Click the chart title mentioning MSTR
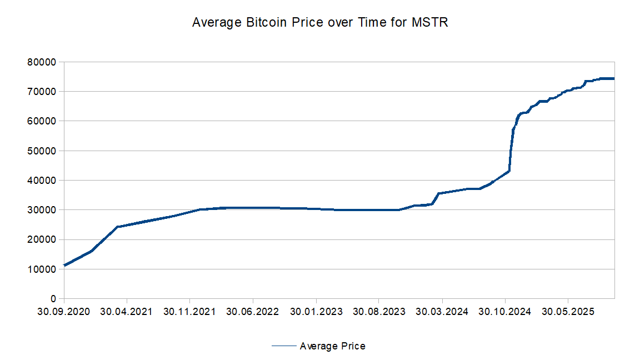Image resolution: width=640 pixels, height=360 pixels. pyautogui.click(x=319, y=23)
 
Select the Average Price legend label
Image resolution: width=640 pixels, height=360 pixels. pyautogui.click(x=332, y=346)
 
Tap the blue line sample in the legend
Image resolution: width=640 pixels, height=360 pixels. pyautogui.click(x=284, y=346)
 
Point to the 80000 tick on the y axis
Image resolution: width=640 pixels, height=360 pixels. pyautogui.click(x=42, y=62)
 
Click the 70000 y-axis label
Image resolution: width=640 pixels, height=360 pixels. pyautogui.click(x=42, y=91)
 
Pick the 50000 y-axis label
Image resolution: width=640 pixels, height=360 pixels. pyautogui.click(x=42, y=151)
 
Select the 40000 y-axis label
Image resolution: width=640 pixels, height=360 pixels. pyautogui.click(x=42, y=180)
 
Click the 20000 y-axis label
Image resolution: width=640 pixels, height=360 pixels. pyautogui.click(x=42, y=239)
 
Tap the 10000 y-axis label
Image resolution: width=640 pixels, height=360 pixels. pyautogui.click(x=42, y=269)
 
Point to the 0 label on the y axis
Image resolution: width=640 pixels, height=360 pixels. pyautogui.click(x=53, y=299)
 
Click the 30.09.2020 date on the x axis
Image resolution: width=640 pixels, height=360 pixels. pyautogui.click(x=63, y=312)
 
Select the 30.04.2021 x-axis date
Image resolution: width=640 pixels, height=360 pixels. pyautogui.click(x=126, y=312)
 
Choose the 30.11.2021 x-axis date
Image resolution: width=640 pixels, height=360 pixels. pyautogui.click(x=189, y=312)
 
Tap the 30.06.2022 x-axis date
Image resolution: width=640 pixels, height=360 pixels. pyautogui.click(x=252, y=312)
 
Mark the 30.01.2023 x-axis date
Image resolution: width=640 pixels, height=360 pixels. pyautogui.click(x=316, y=312)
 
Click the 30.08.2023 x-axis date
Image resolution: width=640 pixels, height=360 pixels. pyautogui.click(x=378, y=312)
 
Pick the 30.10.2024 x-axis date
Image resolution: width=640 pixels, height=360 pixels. pyautogui.click(x=505, y=312)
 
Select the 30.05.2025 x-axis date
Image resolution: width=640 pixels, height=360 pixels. pyautogui.click(x=568, y=312)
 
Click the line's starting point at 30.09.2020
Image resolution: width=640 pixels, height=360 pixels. pyautogui.click(x=64, y=265)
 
